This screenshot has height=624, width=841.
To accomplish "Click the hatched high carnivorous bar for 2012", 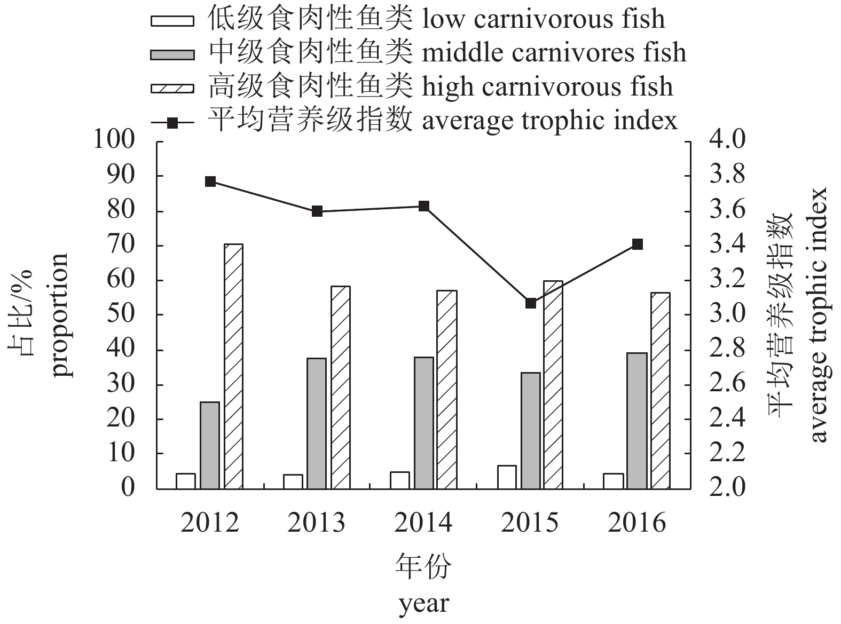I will pyautogui.click(x=233, y=366).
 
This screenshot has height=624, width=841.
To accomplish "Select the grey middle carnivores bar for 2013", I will pyautogui.click(x=317, y=423).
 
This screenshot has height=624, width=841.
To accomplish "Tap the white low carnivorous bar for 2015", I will pyautogui.click(x=507, y=477).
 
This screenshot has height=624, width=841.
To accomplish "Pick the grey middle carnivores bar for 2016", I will pyautogui.click(x=637, y=421).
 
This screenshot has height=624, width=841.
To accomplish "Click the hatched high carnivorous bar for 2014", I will pyautogui.click(x=447, y=390).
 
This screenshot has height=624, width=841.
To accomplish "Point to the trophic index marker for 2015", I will pyautogui.click(x=530, y=303).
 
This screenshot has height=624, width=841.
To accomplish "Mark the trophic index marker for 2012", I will pyautogui.click(x=210, y=181).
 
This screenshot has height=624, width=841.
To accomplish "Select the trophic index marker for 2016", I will pyautogui.click(x=637, y=244).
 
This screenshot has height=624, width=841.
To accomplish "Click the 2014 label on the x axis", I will pyautogui.click(x=423, y=523).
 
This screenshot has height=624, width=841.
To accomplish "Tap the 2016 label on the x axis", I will pyautogui.click(x=637, y=523).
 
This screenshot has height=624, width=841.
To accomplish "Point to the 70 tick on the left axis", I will pyautogui.click(x=121, y=246).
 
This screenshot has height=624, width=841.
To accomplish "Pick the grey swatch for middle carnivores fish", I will pyautogui.click(x=172, y=54).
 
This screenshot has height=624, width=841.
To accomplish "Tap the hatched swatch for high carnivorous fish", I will pyautogui.click(x=172, y=87).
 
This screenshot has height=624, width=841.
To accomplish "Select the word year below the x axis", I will pyautogui.click(x=423, y=604).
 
